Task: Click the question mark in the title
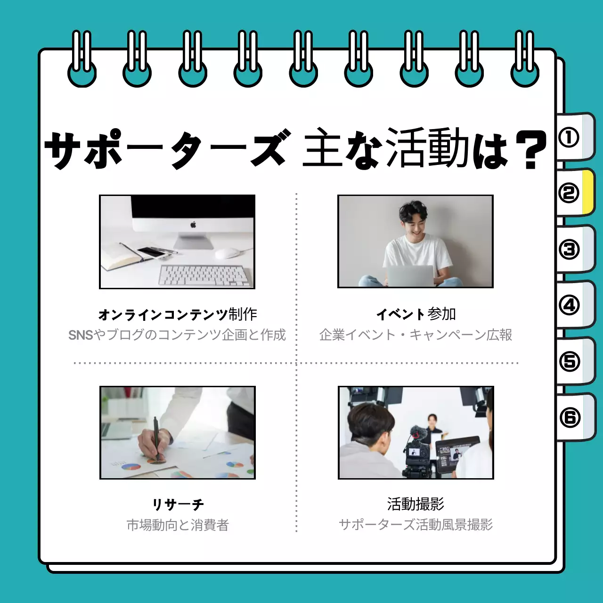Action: coord(530,150)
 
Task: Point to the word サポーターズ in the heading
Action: coord(165,150)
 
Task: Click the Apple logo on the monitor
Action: coord(193,225)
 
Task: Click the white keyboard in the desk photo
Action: coord(204,275)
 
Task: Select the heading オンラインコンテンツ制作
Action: coord(178,314)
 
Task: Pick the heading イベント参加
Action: coord(416,314)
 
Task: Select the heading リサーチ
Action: coord(178,505)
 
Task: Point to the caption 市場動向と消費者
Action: coord(178,525)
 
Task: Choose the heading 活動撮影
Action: coord(416,504)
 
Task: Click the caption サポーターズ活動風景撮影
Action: coord(416,525)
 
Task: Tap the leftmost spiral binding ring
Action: coord(82,59)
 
